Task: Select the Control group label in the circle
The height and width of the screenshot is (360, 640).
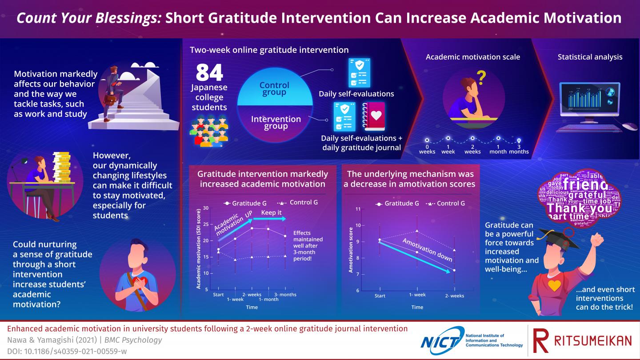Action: tap(274, 88)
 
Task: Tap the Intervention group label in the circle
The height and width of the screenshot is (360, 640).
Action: tap(276, 122)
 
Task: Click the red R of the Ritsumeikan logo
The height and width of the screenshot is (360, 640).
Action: tap(540, 341)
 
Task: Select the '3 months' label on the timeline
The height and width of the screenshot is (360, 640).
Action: tap(519, 149)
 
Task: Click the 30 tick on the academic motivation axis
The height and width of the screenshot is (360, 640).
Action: tap(206, 208)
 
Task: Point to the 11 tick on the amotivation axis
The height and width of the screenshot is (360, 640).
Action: tap(358, 209)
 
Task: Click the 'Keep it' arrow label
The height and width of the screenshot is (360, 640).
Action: tap(271, 212)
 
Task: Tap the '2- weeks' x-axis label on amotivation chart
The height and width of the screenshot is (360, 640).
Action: tap(454, 296)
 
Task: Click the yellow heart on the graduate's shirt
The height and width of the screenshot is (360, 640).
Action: tap(554, 285)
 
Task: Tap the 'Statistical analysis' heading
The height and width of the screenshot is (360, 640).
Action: tap(590, 57)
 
